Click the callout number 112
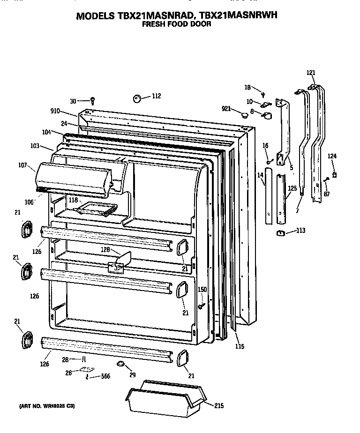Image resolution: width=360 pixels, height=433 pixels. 156,96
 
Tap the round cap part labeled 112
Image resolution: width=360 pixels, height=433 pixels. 138,98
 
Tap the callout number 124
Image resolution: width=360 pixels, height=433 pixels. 332,156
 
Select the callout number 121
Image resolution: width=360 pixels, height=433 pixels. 311,73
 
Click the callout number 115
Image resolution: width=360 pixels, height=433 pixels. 240,346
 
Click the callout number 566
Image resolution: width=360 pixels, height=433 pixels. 106,376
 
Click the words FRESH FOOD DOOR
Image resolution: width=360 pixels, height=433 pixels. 176,24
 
